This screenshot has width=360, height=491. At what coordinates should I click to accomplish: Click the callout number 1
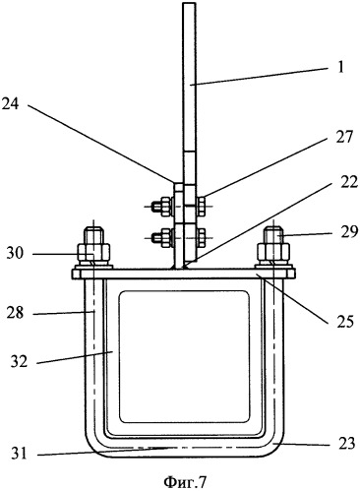pyautogui.click(x=340, y=67)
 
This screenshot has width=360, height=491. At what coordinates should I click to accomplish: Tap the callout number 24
pyautogui.click(x=10, y=104)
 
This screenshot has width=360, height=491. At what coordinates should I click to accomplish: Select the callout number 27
pyautogui.click(x=343, y=137)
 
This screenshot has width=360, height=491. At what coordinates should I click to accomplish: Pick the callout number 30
pyautogui.click(x=15, y=253)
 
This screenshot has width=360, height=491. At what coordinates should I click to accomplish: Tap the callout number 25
pyautogui.click(x=345, y=322)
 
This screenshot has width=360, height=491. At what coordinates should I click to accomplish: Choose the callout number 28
pyautogui.click(x=15, y=313)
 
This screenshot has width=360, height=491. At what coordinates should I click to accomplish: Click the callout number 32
pyautogui.click(x=19, y=361)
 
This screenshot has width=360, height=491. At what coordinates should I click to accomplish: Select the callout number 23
pyautogui.click(x=346, y=444)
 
